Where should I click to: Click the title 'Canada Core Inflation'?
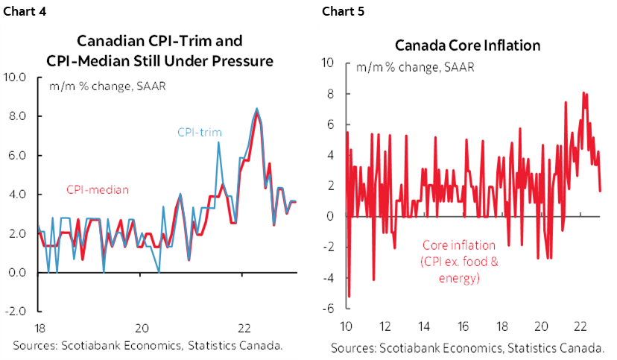[x=467, y=45]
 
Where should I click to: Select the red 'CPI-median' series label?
[x=98, y=189]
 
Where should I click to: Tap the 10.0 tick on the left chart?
[x=16, y=77]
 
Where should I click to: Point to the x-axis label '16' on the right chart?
[x=463, y=326]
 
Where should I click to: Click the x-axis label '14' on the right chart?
[x=425, y=326]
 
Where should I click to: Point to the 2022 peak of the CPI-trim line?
[x=256, y=109]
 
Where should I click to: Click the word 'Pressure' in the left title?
[x=240, y=60]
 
